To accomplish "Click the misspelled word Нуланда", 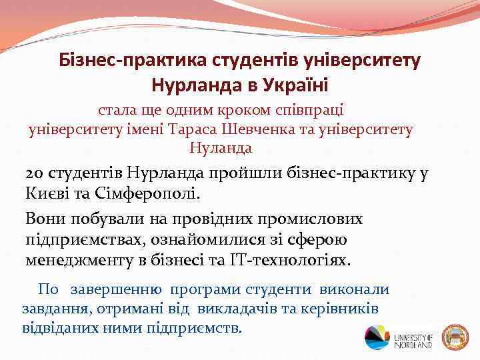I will (221, 147).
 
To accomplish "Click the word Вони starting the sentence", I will (43, 219).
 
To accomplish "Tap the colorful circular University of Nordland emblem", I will (377, 337).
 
